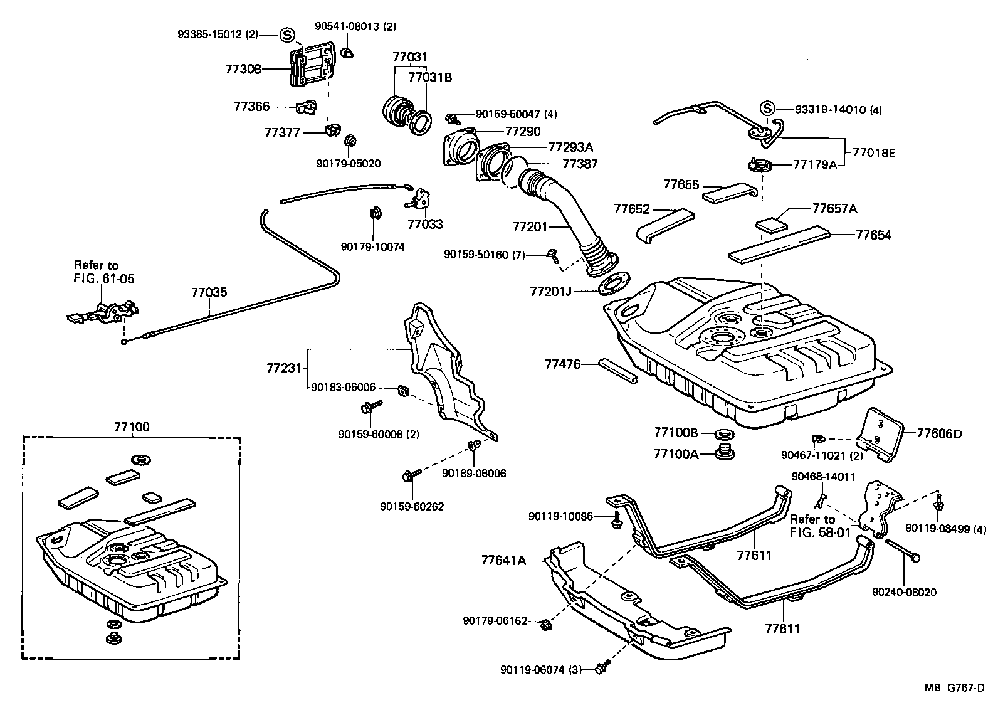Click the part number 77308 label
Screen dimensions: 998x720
243,69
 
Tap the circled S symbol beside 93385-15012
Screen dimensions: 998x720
287,34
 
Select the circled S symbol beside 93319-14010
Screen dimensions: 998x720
767,109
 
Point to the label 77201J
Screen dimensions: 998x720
550,292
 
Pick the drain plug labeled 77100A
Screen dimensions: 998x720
725,452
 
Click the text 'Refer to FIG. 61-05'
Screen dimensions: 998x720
104,272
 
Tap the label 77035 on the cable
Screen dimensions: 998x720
209,292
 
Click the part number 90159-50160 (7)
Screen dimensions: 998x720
485,255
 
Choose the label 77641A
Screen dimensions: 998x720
503,560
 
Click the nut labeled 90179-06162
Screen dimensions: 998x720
545,625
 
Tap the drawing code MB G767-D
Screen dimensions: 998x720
954,687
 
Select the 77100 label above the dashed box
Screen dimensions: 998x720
132,426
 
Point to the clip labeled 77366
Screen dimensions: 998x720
307,107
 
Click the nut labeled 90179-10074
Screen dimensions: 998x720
376,213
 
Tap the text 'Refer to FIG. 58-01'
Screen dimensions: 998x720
819,526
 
